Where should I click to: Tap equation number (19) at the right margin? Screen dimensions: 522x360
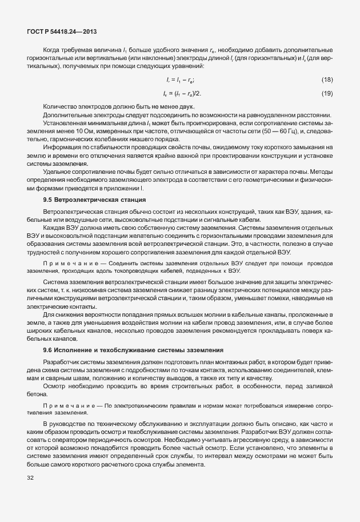[327, 93]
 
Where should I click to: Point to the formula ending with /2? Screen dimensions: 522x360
[182, 93]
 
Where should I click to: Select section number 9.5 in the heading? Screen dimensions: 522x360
[48, 200]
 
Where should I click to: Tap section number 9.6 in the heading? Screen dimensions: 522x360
[48, 349]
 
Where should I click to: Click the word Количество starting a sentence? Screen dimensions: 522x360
[61, 106]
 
